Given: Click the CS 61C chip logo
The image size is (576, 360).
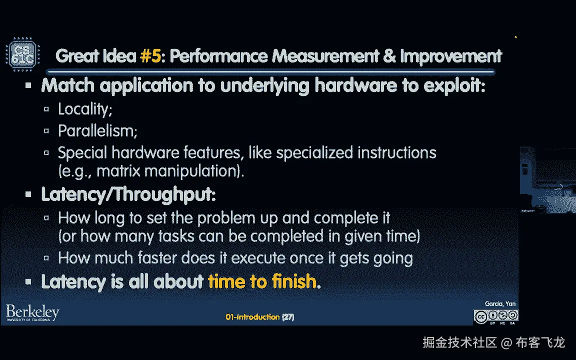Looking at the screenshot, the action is click(x=23, y=54).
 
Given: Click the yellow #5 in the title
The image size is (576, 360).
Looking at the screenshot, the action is click(x=150, y=56).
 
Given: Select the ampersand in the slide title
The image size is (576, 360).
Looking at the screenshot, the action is click(x=389, y=56).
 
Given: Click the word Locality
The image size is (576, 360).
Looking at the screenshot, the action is click(x=85, y=109).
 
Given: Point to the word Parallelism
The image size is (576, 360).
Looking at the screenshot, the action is click(x=97, y=131).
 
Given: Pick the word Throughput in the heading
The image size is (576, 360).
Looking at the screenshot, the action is click(x=165, y=194).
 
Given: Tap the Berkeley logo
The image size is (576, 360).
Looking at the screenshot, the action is click(x=32, y=313).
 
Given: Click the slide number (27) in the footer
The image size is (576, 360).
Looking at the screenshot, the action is click(x=288, y=317).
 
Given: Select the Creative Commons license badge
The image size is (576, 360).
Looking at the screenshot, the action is click(x=496, y=317).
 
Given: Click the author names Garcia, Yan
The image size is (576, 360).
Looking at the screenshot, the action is click(x=500, y=304).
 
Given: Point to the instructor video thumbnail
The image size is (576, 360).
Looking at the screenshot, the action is click(x=547, y=179).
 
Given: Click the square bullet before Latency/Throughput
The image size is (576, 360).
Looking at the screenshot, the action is click(x=28, y=194).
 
